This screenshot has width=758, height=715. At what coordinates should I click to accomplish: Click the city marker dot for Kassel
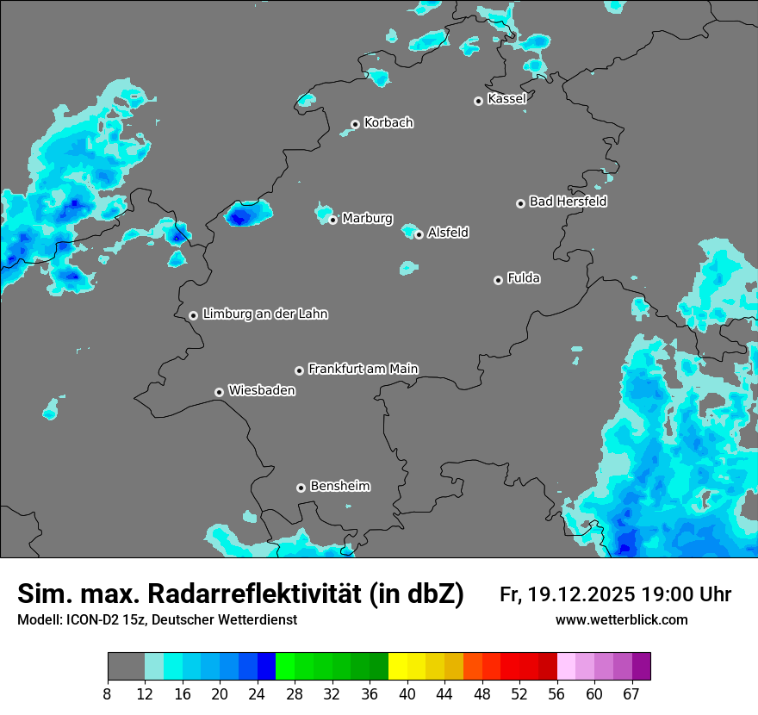click(x=478, y=101)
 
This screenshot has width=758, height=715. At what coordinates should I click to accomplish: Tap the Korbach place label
click(x=388, y=122)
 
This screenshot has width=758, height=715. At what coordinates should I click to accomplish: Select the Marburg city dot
click(x=332, y=220)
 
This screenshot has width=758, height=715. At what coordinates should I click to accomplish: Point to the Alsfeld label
click(x=448, y=233)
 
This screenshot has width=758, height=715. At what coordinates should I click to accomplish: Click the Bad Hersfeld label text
click(x=568, y=202)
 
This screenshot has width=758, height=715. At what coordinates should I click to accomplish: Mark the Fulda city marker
click(x=498, y=280)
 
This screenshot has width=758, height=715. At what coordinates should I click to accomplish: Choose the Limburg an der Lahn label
click(x=264, y=314)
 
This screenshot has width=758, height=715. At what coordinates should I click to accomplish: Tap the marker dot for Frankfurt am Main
click(x=299, y=370)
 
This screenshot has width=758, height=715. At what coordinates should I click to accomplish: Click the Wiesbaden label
click(x=261, y=390)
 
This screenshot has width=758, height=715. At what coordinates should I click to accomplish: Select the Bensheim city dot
click(x=301, y=488)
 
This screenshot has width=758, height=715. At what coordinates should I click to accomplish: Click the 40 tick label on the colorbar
click(x=407, y=693)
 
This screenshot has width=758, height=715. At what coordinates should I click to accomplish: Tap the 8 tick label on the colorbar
click(x=108, y=693)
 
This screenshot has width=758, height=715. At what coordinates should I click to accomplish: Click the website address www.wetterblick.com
click(x=622, y=619)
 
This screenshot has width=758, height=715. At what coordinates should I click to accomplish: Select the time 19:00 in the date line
click(x=661, y=594)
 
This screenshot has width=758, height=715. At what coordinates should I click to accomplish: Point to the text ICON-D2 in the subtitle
click(x=92, y=619)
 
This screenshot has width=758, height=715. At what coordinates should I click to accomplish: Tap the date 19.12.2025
click(x=581, y=594)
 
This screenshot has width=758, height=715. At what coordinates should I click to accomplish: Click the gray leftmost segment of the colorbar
click(x=126, y=667)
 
